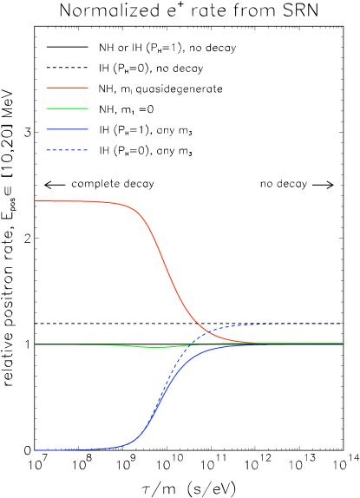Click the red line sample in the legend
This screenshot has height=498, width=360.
(x=67, y=88)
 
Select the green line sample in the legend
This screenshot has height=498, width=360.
(x=67, y=108)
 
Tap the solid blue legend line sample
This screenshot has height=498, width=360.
(x=67, y=129)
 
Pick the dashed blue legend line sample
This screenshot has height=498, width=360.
(x=67, y=150)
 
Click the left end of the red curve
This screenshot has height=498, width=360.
(x=36, y=201)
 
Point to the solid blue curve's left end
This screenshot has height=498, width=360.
(x=36, y=450)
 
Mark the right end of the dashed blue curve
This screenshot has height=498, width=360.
(x=344, y=324)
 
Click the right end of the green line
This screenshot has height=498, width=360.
(x=344, y=344)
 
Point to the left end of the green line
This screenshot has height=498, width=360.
(x=36, y=344)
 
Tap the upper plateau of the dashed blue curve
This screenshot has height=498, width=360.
(x=295, y=324)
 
